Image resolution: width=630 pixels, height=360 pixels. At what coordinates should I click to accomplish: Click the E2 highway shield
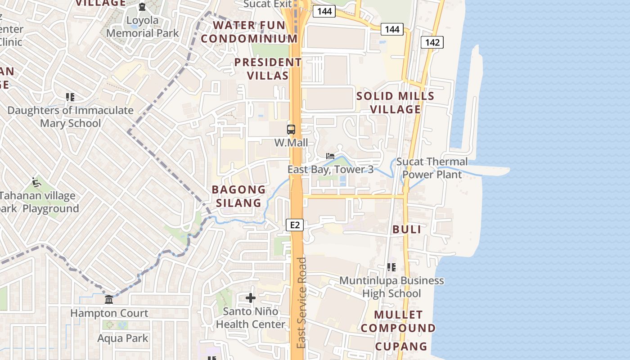295,225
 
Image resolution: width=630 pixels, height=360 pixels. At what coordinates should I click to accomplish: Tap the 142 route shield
432,42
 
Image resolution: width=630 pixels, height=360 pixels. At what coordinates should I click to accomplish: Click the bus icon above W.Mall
291,130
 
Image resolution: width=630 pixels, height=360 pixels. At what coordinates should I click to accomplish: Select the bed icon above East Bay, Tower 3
330,156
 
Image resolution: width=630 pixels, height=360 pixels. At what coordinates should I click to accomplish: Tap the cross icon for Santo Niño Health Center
251,298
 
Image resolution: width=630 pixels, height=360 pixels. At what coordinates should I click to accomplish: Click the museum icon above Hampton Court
109,300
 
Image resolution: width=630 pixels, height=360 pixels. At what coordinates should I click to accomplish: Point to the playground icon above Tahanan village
36,182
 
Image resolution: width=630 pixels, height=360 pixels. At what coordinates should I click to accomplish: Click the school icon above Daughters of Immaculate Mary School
70,97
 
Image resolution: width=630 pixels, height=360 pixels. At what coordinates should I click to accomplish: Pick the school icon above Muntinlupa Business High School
391,267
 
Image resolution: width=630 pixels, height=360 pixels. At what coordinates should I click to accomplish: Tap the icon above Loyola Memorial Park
142,7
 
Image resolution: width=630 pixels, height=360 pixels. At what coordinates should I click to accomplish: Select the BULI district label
407,229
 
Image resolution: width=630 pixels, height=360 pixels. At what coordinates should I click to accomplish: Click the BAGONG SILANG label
238,196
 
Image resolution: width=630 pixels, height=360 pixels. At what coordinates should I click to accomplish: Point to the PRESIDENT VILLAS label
268,69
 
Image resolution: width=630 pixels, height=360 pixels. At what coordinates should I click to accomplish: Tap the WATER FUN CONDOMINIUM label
249,32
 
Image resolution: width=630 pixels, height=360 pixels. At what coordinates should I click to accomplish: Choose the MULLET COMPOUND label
398,321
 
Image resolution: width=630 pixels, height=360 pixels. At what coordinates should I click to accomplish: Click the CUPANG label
401,346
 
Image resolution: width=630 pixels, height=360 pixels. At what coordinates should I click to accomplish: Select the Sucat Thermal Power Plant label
432,168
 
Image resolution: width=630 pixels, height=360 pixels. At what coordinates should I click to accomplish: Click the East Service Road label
301,302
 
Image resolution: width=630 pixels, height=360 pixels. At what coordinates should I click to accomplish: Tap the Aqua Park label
123,338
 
